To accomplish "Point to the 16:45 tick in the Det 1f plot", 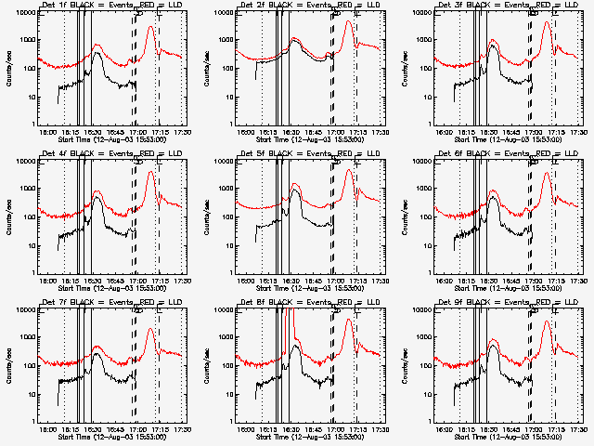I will pyautogui.click(x=115, y=133).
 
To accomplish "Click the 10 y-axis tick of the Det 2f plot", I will pyautogui.click(x=229, y=97).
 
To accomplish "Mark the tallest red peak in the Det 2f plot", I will pyautogui.click(x=348, y=21).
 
